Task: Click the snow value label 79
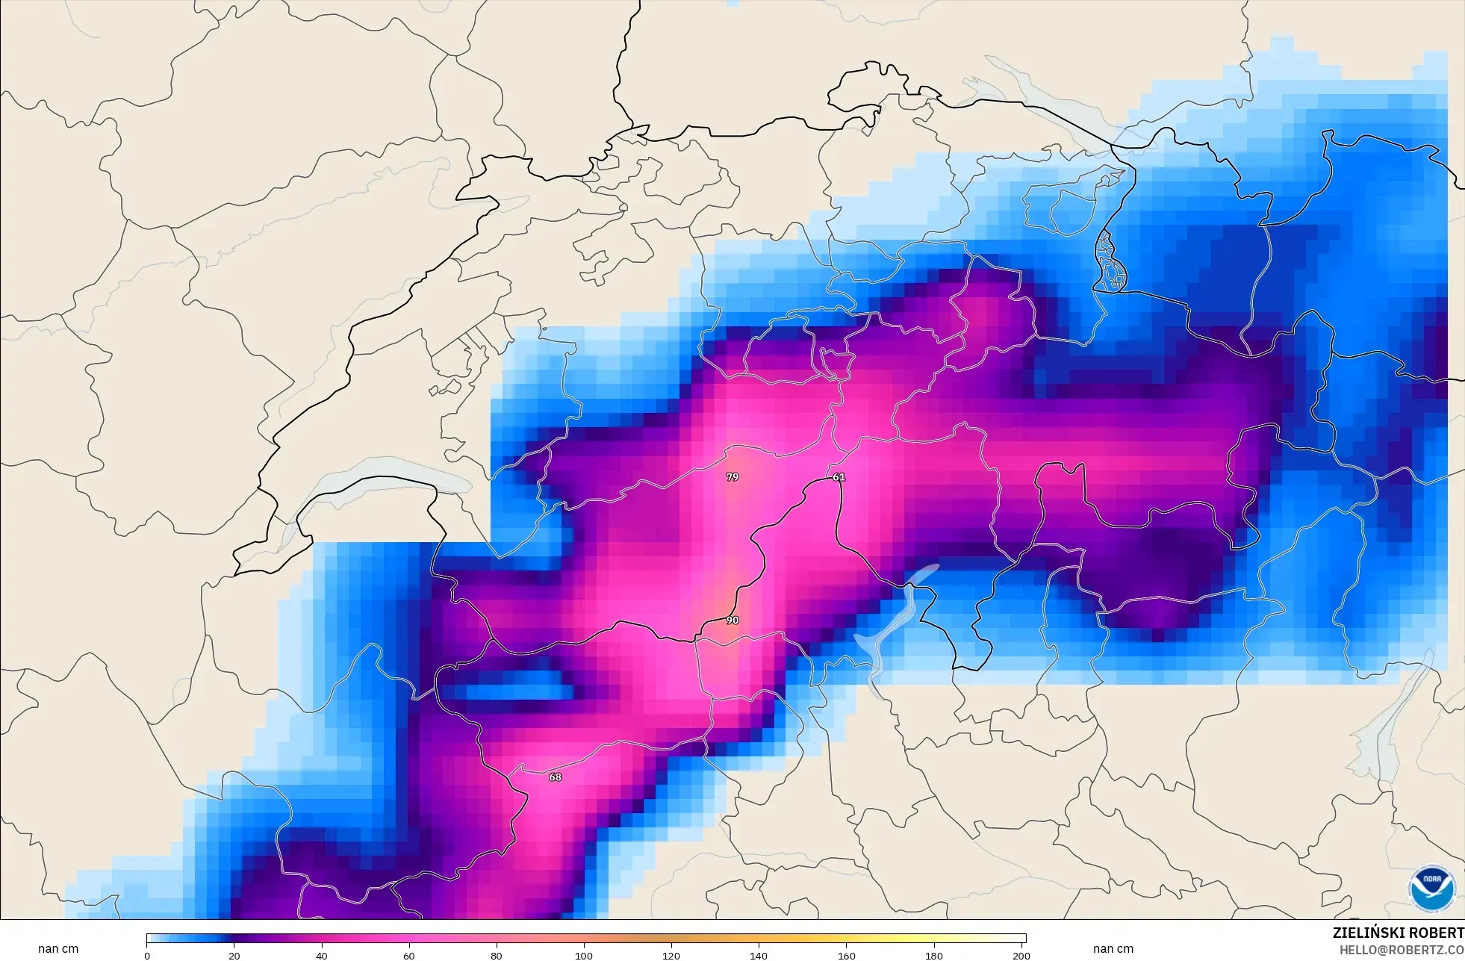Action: pyautogui.click(x=732, y=477)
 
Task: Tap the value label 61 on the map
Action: pyautogui.click(x=839, y=477)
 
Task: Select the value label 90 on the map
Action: pyautogui.click(x=732, y=621)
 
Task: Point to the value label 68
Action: pyautogui.click(x=555, y=777)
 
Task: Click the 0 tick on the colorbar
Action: pyautogui.click(x=147, y=955)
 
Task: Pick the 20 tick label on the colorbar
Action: pyautogui.click(x=234, y=955)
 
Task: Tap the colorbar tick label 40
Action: pyautogui.click(x=322, y=955)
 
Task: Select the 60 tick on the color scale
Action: pyautogui.click(x=409, y=955)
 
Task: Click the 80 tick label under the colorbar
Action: pyautogui.click(x=497, y=955)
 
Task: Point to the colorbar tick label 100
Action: pyautogui.click(x=584, y=955)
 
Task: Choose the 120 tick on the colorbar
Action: pyautogui.click(x=671, y=955)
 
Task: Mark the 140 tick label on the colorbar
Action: pyautogui.click(x=759, y=955)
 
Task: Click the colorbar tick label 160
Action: pyautogui.click(x=846, y=955)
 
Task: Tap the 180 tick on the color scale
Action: pyautogui.click(x=933, y=955)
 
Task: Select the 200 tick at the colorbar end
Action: pyautogui.click(x=1021, y=955)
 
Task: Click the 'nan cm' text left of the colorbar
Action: pyautogui.click(x=58, y=949)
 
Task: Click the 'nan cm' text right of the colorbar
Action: pyautogui.click(x=1113, y=949)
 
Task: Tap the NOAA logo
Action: pyautogui.click(x=1431, y=888)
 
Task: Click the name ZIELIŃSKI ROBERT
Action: pyautogui.click(x=1398, y=933)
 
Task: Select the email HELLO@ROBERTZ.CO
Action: pyautogui.click(x=1401, y=950)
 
